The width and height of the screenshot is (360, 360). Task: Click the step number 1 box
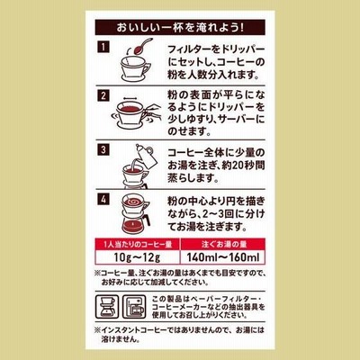pos(103,47)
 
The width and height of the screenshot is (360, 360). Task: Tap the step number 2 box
pos(103,95)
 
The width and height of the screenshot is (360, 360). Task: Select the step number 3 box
pos(103,149)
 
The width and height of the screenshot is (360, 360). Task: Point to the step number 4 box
pos(103,200)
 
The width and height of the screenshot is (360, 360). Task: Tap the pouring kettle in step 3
pos(147,157)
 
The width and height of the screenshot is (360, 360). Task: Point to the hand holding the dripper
pos(152,112)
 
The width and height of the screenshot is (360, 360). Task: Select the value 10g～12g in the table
pos(137,257)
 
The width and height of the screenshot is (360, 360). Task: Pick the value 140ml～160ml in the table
pos(222,257)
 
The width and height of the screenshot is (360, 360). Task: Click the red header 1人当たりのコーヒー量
pos(138,244)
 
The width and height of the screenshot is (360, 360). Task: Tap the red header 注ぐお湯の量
pos(224,244)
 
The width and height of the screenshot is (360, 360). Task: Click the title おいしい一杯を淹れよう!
pos(180,28)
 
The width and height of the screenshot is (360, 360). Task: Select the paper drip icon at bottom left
pos(107,307)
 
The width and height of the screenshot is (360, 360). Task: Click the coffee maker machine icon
pos(134,307)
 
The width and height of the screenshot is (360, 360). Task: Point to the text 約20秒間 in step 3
pos(243,166)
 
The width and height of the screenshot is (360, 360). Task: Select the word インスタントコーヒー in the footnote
pos(133,330)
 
